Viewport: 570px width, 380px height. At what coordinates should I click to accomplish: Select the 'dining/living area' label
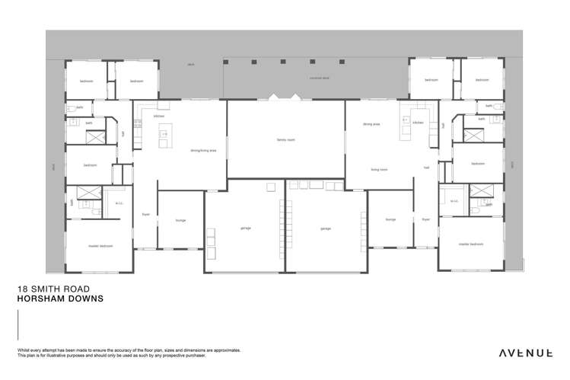[203, 151]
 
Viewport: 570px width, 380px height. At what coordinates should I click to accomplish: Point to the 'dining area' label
[371, 123]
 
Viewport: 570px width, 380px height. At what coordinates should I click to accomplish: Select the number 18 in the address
[21, 290]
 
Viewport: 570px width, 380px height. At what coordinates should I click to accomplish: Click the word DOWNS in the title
[87, 299]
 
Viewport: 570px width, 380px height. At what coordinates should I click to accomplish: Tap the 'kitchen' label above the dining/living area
[159, 117]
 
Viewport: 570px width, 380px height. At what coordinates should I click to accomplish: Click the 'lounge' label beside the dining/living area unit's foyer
[180, 221]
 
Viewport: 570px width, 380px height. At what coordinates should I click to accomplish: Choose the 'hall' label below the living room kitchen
[427, 167]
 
